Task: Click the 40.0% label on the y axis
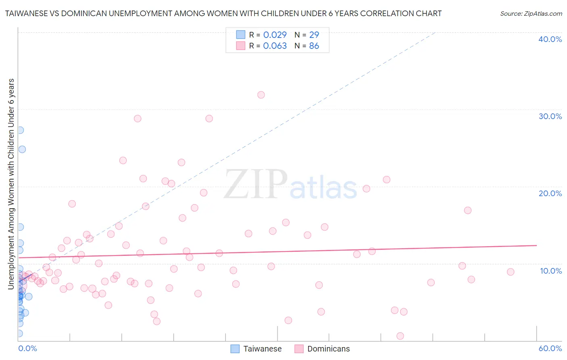click(550, 39)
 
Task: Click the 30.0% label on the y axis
click(550, 116)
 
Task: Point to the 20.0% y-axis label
click(550, 193)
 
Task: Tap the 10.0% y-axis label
click(550, 271)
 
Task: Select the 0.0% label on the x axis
click(27, 348)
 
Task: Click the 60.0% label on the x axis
click(550, 348)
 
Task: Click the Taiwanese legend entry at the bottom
click(262, 349)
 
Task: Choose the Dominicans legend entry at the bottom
click(328, 349)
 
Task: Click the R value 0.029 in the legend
click(275, 35)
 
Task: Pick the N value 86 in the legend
click(314, 46)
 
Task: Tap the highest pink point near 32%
click(261, 95)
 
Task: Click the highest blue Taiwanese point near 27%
click(20, 130)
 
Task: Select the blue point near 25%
click(22, 149)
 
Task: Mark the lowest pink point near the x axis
click(400, 336)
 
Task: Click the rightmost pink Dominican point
click(511, 272)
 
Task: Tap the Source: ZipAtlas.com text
click(531, 13)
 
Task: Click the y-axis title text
click(11, 184)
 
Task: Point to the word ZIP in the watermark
click(256, 184)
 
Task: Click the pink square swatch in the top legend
click(241, 46)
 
